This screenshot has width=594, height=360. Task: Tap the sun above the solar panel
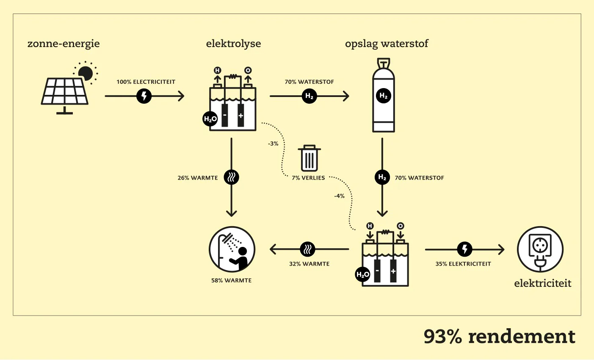pos(86,73)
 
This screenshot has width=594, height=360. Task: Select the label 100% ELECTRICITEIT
pos(146,82)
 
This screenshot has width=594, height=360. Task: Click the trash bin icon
pos(309,158)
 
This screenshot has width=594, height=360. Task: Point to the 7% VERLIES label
pos(308,178)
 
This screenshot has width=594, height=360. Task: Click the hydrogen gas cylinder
pos(384,95)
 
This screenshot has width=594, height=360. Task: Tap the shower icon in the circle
pos(232,249)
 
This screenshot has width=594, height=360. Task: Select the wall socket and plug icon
pos(540,249)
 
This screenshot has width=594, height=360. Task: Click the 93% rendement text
pos(499,336)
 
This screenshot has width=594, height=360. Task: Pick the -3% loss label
pos(273,144)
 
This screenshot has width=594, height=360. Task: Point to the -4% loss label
pos(339,196)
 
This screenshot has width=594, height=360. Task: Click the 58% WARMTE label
pos(231,280)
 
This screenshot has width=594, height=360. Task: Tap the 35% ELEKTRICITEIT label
pos(463,264)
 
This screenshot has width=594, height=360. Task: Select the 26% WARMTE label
pos(198,178)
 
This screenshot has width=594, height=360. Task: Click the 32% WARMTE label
pos(309,264)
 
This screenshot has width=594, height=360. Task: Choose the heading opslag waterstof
pos(387,44)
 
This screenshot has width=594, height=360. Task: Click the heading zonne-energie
pos(64,44)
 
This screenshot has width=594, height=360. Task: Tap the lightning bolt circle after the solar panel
pos(144,96)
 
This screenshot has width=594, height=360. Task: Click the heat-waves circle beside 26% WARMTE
pos(232,177)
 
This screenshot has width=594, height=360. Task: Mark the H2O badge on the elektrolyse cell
pos(210,119)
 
